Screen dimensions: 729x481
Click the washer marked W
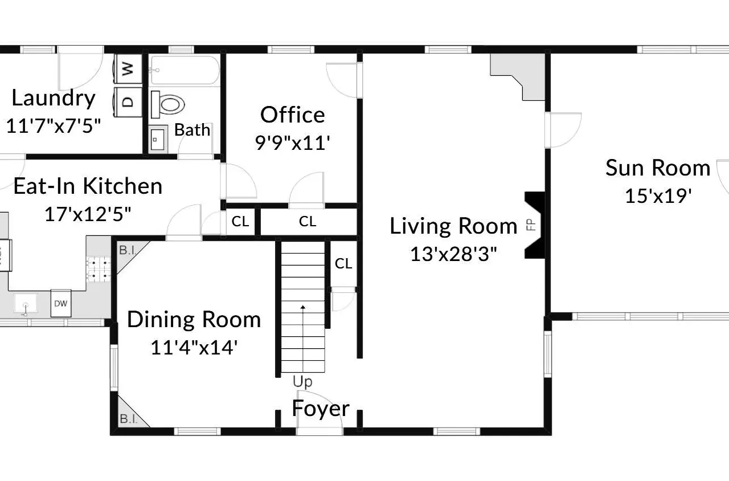[128, 68]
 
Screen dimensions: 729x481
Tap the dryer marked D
[128, 101]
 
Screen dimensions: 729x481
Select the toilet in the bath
[167, 104]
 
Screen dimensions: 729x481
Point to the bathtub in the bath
[185, 71]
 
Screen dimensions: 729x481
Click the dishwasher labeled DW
[61, 304]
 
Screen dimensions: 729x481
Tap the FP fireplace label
[531, 225]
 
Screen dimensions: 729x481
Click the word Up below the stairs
[302, 382]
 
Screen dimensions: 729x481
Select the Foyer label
[321, 409]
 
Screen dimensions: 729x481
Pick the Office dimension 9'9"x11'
[293, 143]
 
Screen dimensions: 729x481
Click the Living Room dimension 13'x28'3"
[454, 254]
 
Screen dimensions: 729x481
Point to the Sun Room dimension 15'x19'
[658, 196]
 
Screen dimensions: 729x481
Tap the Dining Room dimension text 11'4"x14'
[194, 348]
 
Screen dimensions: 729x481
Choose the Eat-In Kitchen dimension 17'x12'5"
[88, 214]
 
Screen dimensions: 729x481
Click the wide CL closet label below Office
[308, 222]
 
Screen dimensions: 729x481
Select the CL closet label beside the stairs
[343, 263]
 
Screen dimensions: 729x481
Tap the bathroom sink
[158, 140]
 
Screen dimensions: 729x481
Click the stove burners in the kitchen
[99, 269]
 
